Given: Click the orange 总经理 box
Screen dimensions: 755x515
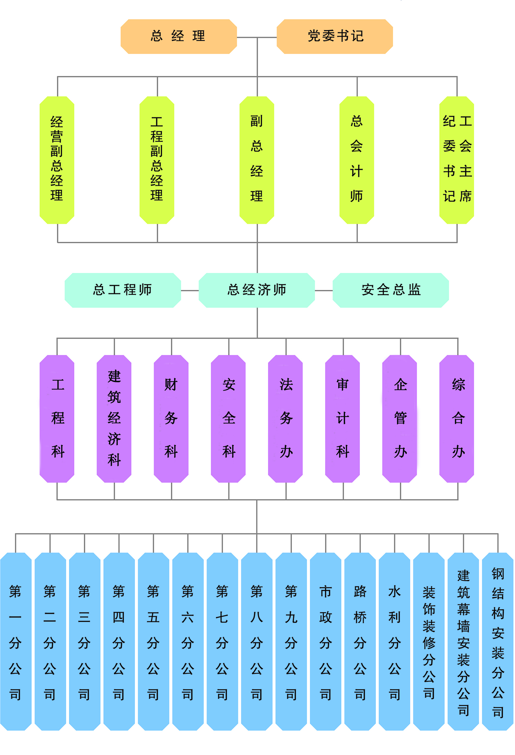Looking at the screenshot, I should coord(178,36).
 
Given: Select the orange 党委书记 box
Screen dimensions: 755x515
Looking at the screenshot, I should coord(335,36).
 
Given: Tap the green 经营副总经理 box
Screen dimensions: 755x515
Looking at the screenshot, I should coord(57,160).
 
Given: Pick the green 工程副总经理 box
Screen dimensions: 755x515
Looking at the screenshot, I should coord(157,160).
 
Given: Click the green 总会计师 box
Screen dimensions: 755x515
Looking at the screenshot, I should coord(356,160).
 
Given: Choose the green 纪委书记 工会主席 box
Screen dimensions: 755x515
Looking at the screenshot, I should coord(457,160).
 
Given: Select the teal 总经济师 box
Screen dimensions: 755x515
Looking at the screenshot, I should coord(257,290).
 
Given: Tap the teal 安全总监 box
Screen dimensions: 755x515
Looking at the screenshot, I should coord(390,290).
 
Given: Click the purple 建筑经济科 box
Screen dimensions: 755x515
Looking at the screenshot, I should coord(114,418).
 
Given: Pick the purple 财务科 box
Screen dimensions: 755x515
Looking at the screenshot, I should coord(171,418).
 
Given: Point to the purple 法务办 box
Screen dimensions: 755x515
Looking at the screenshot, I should coord(286,418).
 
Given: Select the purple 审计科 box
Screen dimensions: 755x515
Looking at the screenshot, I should coord(342,418).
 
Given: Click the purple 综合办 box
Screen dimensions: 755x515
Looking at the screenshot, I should coord(457,418).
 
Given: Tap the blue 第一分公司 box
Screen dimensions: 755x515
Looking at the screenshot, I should coord(15,642).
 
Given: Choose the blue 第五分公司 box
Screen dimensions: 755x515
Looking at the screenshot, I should coord(153,642).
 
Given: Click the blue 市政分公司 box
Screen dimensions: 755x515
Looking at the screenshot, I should coord(325,642).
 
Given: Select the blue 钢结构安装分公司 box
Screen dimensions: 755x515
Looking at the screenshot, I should coord(498,642).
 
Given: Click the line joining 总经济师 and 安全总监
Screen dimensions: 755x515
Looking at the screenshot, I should coord(324,290).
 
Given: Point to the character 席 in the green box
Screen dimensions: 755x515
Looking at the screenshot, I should coord(466,196).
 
